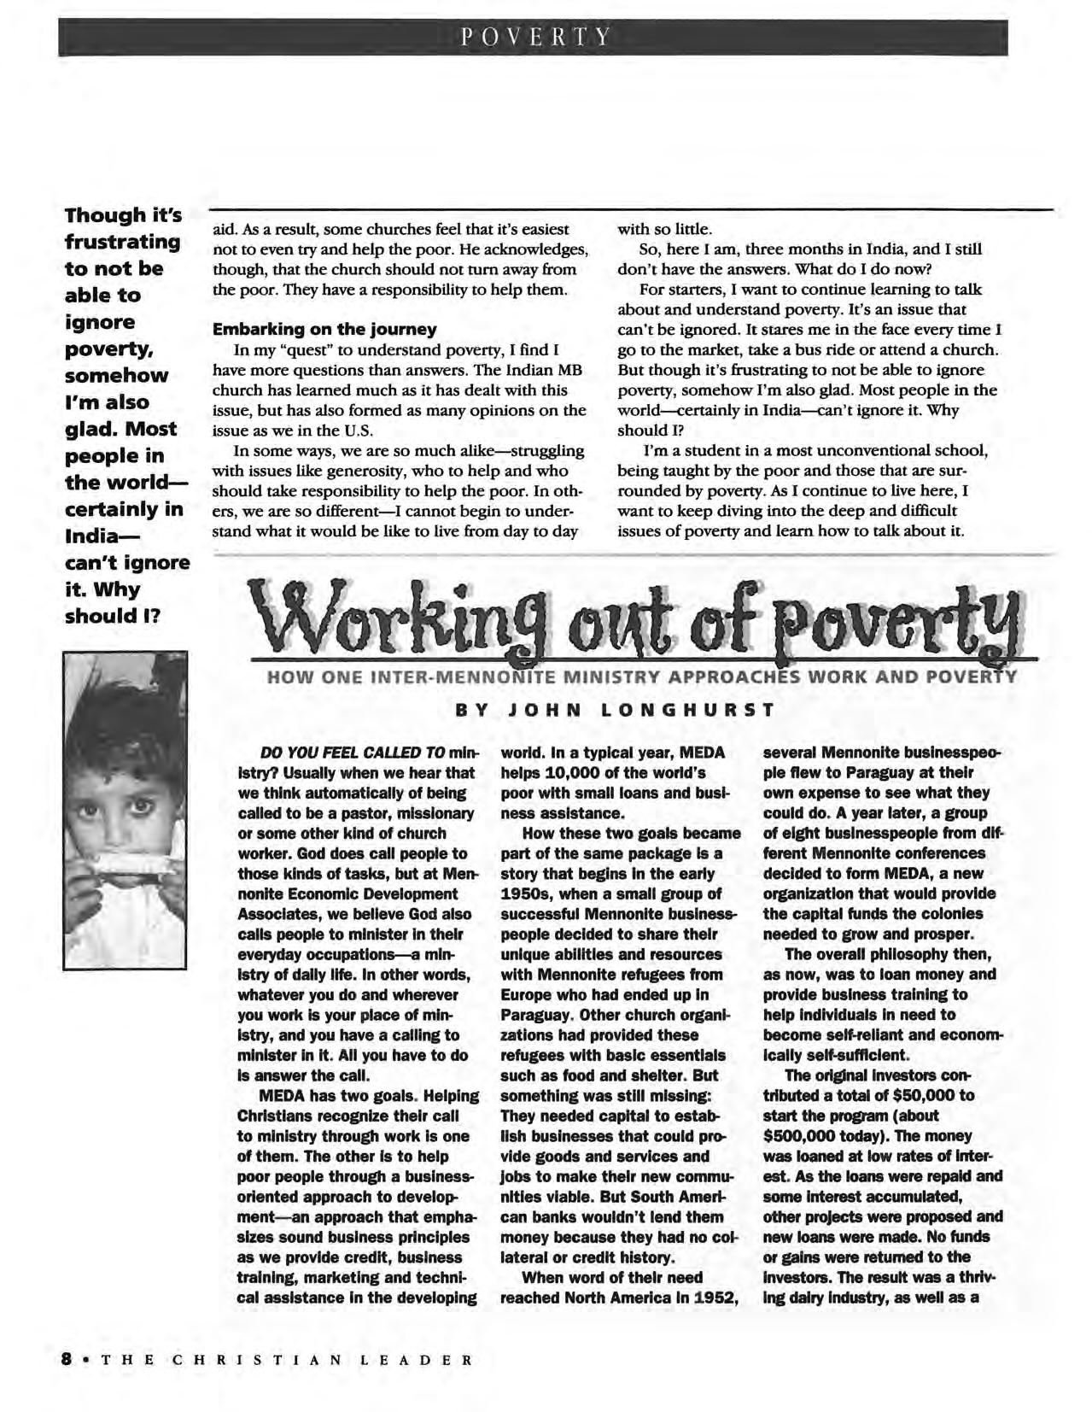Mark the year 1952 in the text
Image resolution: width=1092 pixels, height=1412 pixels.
(x=715, y=1298)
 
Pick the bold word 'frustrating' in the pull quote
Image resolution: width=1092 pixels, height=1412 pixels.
(x=122, y=242)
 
